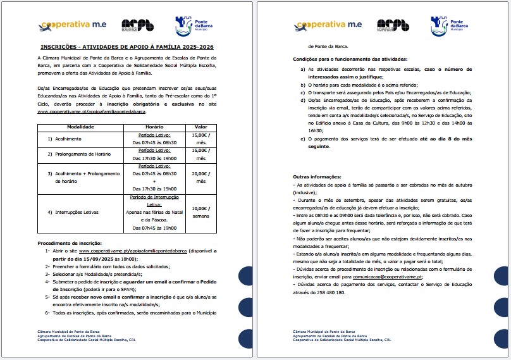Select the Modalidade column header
[80, 127]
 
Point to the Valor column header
[200, 127]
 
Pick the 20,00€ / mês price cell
[201, 177]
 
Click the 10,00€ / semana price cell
[201, 211]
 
